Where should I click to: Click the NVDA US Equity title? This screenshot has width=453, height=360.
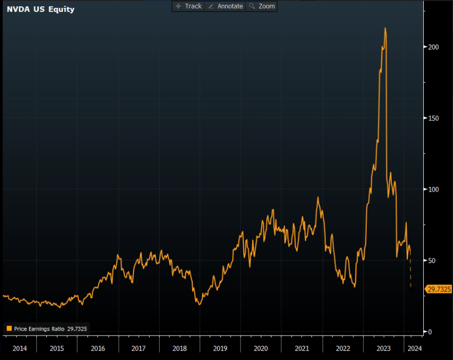40,9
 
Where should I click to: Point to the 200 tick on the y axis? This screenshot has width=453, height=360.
433,47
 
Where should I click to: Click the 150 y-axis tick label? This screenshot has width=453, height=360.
433,118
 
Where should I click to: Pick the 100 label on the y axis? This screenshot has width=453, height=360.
433,189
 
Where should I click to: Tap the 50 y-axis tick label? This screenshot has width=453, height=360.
432,260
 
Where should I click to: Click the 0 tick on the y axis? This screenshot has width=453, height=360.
430,332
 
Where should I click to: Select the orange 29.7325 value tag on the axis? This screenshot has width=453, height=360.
438,289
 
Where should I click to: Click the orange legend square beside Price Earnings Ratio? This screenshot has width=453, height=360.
9,329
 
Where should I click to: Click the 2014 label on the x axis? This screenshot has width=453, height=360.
20,348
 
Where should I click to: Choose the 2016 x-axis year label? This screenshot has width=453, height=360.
97,348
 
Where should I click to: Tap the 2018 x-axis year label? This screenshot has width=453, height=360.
179,348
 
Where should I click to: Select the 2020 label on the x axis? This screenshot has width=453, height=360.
261,348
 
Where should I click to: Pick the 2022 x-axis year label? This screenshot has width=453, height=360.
343,348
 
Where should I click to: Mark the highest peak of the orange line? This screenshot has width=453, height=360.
385,28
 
